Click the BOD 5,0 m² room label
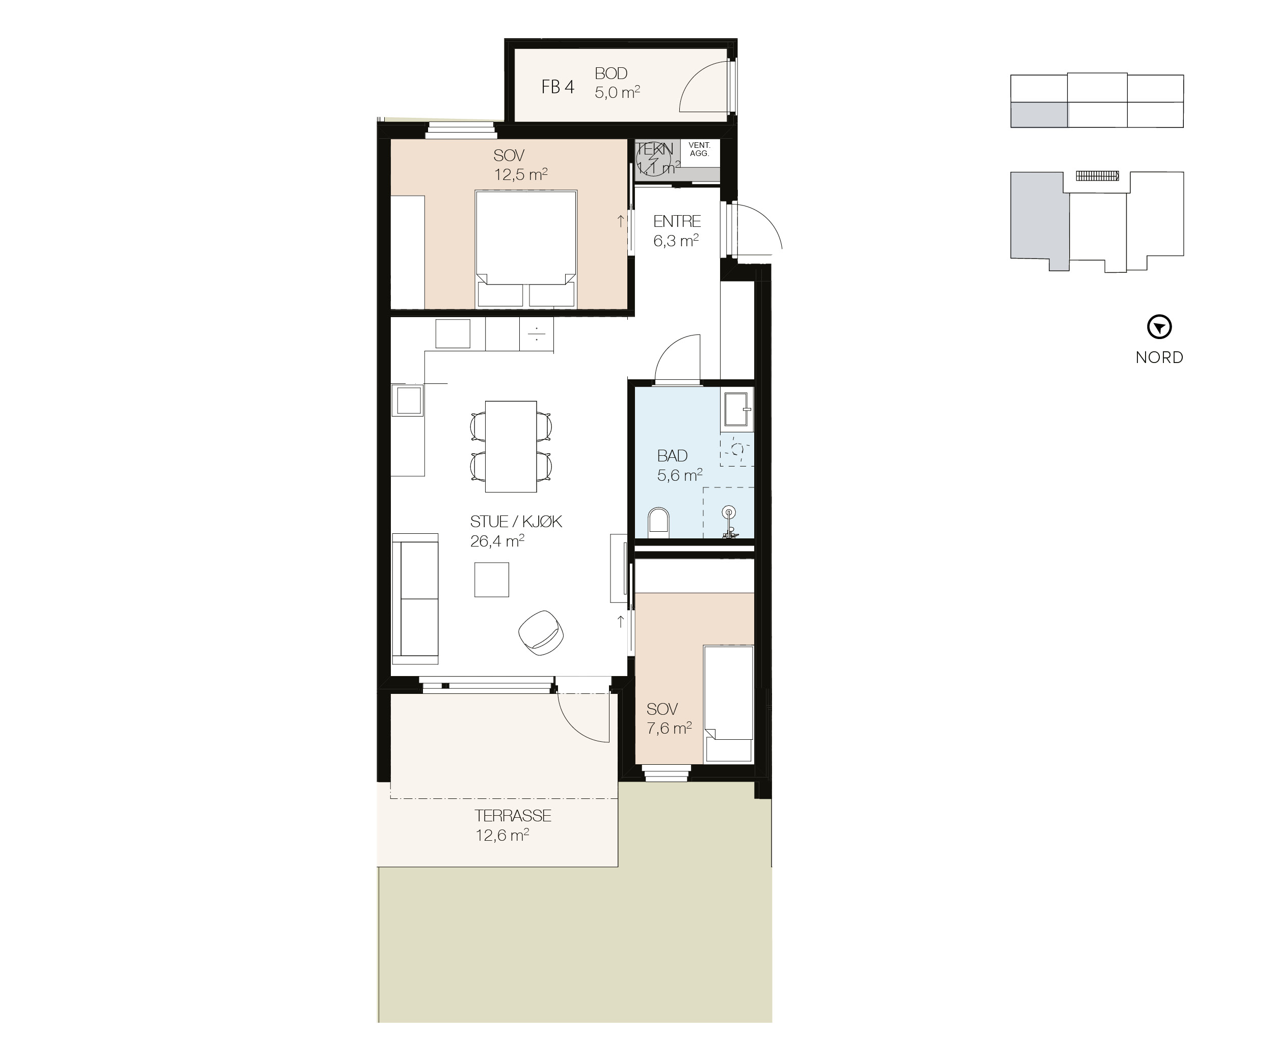pyautogui.click(x=617, y=83)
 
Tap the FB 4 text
pyautogui.click(x=558, y=87)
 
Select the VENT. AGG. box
pyautogui.click(x=700, y=150)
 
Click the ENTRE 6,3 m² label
pyautogui.click(x=676, y=230)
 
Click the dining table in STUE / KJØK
pyautogui.click(x=511, y=446)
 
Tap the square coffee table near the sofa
pyautogui.click(x=491, y=580)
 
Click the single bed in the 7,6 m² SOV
pyautogui.click(x=728, y=704)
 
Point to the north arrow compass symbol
pyautogui.click(x=1159, y=328)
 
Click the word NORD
pyautogui.click(x=1159, y=357)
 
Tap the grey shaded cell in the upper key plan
pyautogui.click(x=1039, y=115)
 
